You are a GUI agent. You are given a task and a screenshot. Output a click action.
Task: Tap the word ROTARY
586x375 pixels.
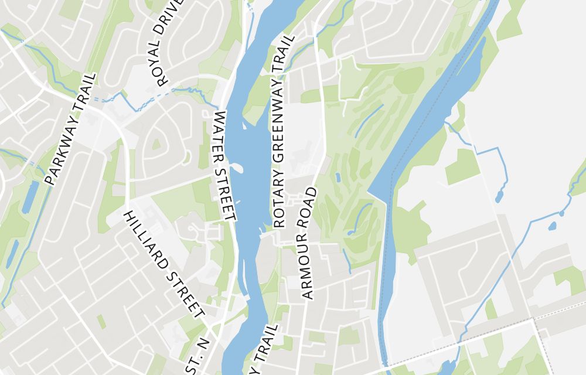279,203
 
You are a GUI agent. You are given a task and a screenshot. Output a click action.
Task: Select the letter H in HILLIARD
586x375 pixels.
128,214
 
